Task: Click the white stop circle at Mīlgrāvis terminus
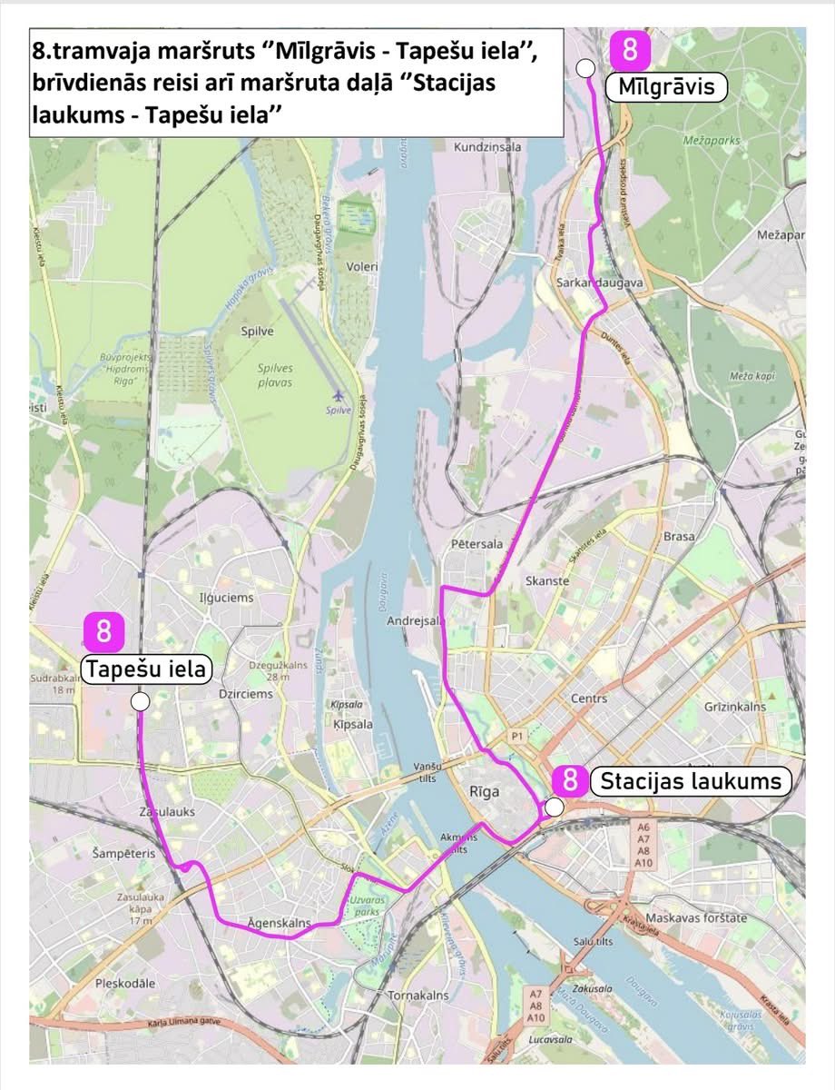585,67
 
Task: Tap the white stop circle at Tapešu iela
140,701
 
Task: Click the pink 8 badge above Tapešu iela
104,631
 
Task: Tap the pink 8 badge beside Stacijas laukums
570,780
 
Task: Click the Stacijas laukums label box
690,781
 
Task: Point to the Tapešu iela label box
146,670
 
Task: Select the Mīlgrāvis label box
672,87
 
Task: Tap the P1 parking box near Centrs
518,735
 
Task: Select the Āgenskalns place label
279,923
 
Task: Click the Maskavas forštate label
697,917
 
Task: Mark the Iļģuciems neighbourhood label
226,598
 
